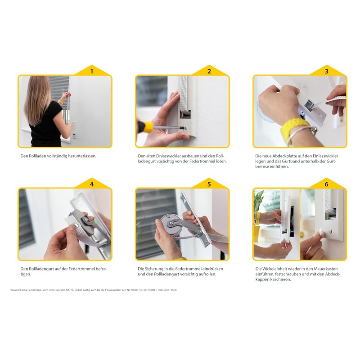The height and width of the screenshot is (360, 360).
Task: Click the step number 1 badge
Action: point(92,71)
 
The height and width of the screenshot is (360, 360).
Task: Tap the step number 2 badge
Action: point(209,71)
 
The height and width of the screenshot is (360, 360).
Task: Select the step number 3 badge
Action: point(327,71)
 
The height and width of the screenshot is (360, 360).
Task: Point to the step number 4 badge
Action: point(92,184)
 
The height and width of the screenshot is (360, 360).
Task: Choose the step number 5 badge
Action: point(209,184)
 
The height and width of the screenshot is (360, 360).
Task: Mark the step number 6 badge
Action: point(327,184)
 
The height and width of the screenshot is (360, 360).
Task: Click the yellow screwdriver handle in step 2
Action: point(146,127)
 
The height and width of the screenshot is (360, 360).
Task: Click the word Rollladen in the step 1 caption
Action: point(37,156)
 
